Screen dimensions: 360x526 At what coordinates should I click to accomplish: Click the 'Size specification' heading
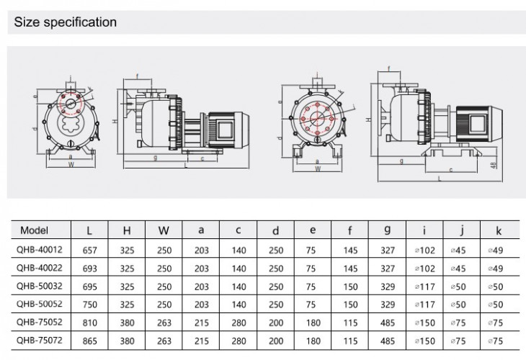(x=66, y=22)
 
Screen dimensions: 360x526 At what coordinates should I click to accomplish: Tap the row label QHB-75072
(x=40, y=341)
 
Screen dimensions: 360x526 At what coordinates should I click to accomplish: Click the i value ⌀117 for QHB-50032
(x=424, y=286)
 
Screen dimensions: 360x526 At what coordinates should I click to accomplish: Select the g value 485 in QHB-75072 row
(x=387, y=341)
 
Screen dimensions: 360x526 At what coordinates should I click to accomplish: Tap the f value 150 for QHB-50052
(x=349, y=304)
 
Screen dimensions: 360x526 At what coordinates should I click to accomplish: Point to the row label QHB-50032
(x=40, y=286)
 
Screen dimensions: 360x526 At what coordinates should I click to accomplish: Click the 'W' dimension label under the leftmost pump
(x=70, y=163)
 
